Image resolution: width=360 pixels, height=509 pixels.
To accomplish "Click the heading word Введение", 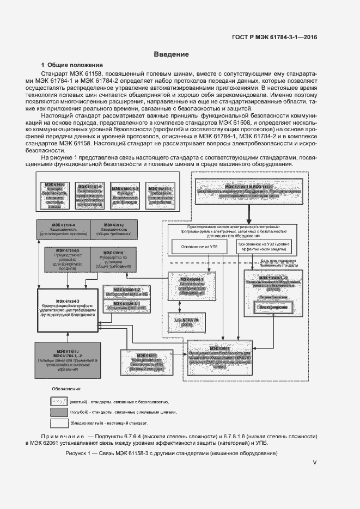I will [171, 54].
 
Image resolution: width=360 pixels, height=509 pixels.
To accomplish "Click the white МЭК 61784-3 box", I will [67, 309].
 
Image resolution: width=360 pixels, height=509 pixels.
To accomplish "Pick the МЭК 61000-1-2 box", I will [126, 290].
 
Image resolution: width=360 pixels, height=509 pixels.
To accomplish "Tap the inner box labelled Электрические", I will [272, 308].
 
